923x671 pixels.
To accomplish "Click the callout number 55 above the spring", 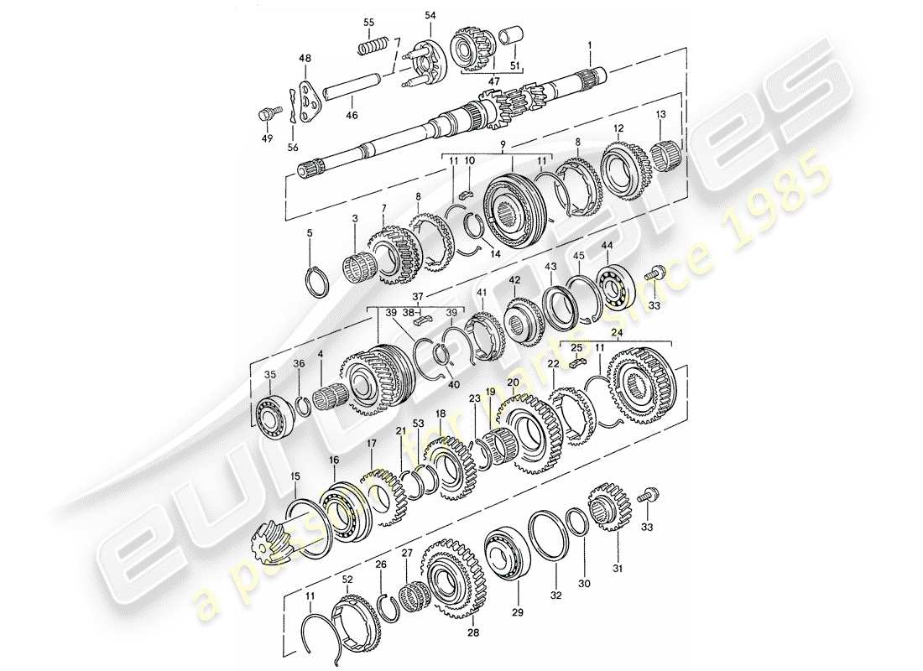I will [368, 21].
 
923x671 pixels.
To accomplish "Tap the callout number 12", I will [618, 128].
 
